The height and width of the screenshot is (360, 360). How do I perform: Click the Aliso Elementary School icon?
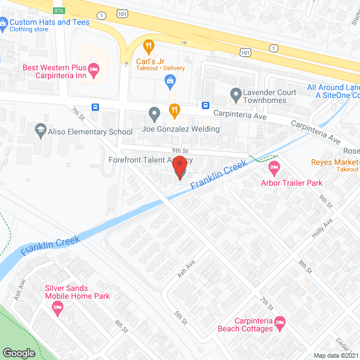pos(40,131)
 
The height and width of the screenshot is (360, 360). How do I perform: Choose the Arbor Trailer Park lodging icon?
pos(274,166)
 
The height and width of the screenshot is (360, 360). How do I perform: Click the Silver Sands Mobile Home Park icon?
pos(57,307)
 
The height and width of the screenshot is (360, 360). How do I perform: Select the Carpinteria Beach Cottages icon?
pos(280,322)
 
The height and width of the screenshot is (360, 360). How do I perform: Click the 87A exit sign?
pos(59,10)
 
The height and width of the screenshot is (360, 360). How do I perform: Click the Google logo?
pos(19,353)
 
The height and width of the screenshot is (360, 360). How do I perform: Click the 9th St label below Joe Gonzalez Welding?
pos(179,150)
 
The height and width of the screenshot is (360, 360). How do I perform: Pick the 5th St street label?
pos(179,318)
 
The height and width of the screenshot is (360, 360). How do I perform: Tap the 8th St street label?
pos(305,266)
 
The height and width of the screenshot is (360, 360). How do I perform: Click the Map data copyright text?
pos(336,355)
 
